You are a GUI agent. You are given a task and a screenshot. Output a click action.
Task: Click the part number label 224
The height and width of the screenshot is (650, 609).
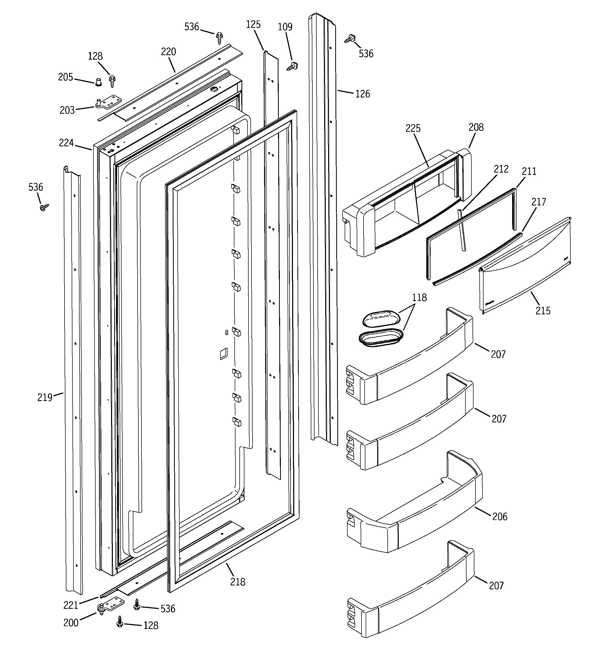click(66, 143)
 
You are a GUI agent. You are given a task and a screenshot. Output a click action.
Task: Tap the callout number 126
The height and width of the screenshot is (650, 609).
click(363, 94)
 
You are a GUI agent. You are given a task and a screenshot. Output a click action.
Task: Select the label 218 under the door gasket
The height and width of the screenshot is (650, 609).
click(238, 582)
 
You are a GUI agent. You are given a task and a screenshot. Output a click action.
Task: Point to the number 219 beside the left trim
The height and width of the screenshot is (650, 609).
click(45, 398)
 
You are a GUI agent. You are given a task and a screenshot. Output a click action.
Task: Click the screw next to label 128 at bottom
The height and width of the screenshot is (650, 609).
click(120, 621)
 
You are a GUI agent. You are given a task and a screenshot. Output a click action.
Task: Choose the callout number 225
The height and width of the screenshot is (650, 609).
click(413, 128)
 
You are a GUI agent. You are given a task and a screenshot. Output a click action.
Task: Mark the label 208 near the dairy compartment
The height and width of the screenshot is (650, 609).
click(476, 128)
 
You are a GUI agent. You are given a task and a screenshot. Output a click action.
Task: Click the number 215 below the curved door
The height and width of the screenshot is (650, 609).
click(543, 311)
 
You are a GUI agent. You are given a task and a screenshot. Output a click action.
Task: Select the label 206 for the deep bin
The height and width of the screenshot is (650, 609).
click(500, 517)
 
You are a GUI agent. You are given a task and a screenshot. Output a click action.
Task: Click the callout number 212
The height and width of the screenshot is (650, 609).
click(501, 169)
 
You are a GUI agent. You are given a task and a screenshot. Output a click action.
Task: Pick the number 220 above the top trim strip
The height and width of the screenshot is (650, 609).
click(168, 52)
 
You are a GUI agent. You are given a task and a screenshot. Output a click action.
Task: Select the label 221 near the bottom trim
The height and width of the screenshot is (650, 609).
click(71, 605)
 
